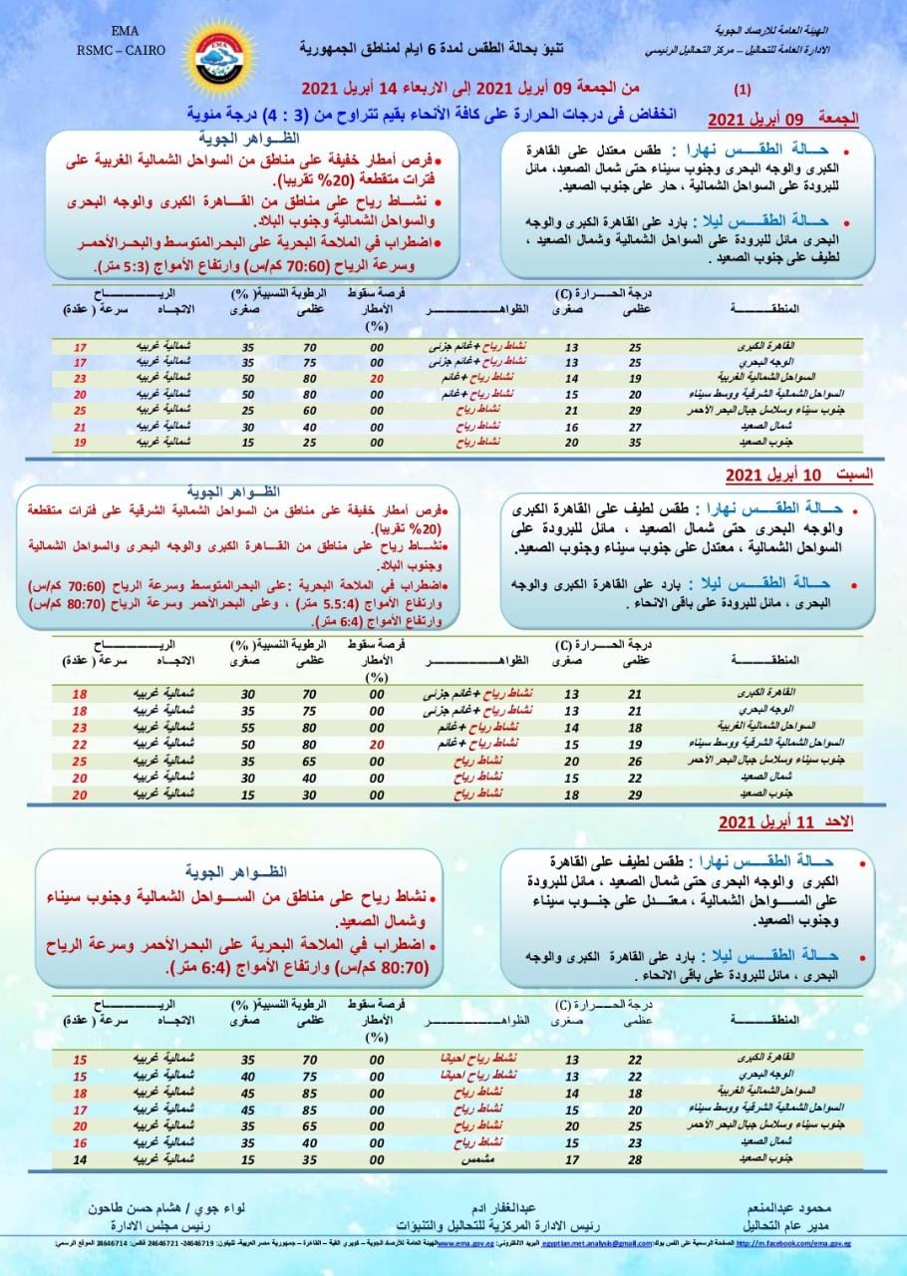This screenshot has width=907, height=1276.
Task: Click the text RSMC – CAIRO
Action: (x=126, y=48)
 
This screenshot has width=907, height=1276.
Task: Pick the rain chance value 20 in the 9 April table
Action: (x=376, y=379)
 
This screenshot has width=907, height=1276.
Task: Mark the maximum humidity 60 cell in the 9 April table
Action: (x=309, y=410)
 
